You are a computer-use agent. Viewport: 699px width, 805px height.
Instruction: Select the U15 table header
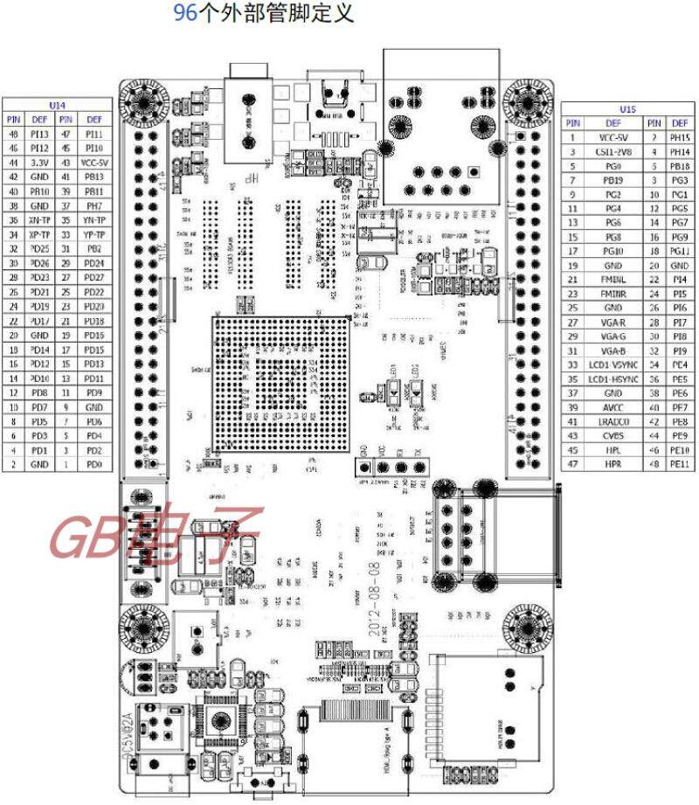coord(626,108)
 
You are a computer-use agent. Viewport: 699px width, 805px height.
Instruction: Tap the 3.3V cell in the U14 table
coord(40,163)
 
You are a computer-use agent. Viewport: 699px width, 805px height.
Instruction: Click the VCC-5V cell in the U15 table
coord(610,137)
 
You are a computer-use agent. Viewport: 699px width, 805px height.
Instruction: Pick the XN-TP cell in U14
coord(40,220)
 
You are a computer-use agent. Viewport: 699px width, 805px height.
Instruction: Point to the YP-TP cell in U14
coord(94,234)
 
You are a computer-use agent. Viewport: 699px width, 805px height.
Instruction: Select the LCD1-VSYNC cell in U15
coord(610,364)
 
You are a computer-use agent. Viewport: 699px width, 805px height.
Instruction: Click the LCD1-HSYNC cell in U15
coord(610,378)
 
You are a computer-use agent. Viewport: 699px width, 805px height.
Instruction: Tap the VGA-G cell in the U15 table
coord(610,336)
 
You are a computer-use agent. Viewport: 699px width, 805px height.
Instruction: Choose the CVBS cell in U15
coord(610,435)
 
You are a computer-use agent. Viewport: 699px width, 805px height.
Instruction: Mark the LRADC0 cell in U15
coord(610,421)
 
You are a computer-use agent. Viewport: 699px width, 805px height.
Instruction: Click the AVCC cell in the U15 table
coord(610,407)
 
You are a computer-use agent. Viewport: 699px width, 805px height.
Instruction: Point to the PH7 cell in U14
coord(94,205)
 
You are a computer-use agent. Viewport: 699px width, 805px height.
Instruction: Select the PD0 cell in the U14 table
coord(94,465)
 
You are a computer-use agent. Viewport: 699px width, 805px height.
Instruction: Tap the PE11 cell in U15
coord(679,464)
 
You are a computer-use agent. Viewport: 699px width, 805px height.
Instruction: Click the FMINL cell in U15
coord(610,279)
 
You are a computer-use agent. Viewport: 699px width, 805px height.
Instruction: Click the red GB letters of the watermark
coord(87,536)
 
